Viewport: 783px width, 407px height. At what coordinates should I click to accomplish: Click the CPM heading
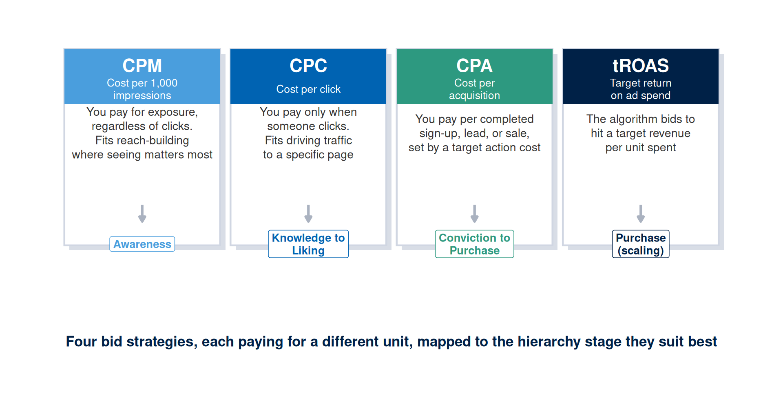142,66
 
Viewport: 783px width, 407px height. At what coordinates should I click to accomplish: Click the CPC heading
308,66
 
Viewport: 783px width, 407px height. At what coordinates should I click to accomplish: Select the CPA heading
474,66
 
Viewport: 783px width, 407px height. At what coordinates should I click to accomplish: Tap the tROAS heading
641,66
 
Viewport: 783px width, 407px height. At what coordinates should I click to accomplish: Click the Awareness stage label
142,244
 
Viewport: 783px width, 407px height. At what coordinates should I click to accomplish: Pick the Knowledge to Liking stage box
308,244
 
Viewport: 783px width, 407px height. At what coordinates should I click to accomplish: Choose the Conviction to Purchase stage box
474,244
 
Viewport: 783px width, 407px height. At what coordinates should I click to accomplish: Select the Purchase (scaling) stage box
641,244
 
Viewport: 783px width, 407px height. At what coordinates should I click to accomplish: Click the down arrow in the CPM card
142,214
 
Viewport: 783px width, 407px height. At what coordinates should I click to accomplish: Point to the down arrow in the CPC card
308,214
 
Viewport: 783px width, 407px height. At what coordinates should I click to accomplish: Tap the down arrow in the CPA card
474,214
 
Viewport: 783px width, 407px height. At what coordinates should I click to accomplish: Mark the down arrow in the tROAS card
641,214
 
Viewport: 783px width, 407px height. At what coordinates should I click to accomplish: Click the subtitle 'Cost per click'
308,89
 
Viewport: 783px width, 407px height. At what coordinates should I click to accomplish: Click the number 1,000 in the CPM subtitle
164,83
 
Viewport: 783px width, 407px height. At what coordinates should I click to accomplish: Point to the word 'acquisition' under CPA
474,95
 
